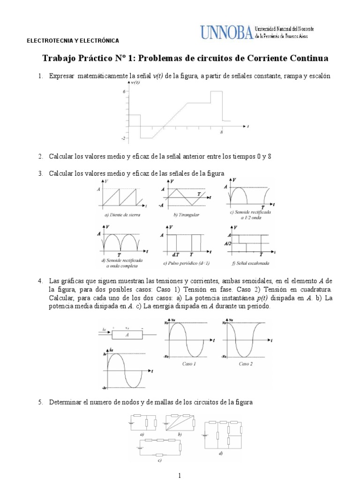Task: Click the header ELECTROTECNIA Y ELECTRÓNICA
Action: pyautogui.click(x=72, y=41)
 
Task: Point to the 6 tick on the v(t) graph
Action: pyautogui.click(x=124, y=92)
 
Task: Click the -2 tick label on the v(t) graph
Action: pyautogui.click(x=123, y=138)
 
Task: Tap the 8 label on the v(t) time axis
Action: pyautogui.click(x=221, y=133)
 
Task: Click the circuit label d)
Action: pyautogui.click(x=220, y=453)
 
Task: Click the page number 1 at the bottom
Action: pyautogui.click(x=180, y=475)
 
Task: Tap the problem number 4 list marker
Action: pyautogui.click(x=40, y=281)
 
